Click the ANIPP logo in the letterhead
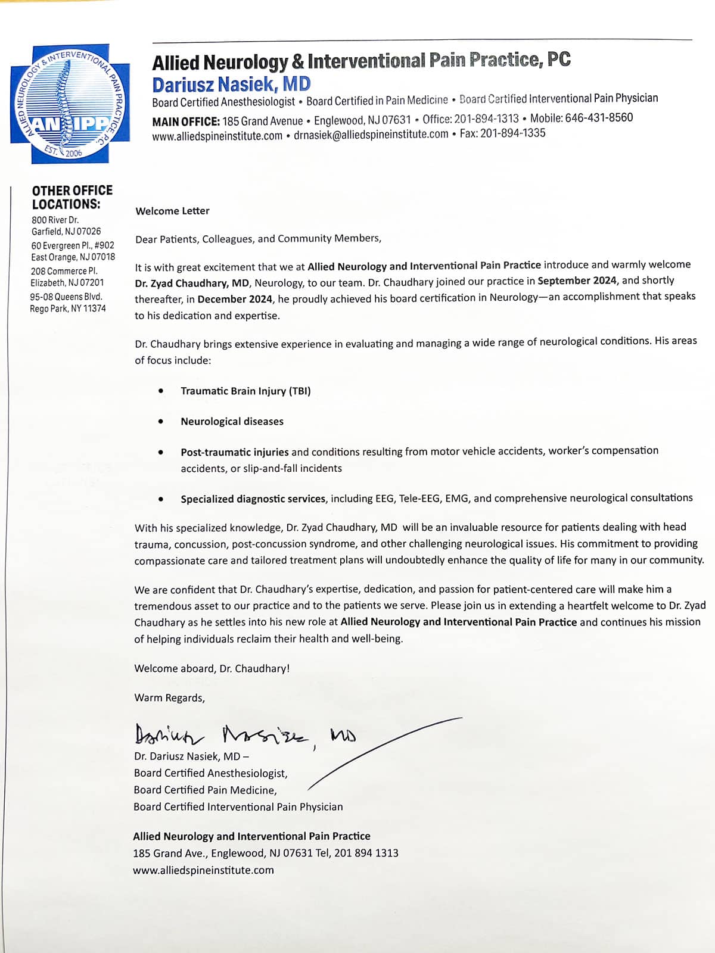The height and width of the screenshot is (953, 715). (x=69, y=103)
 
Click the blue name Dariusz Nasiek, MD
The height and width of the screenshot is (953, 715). (x=231, y=84)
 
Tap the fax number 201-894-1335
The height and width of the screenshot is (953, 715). (x=512, y=133)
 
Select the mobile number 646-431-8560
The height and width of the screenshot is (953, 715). (x=599, y=117)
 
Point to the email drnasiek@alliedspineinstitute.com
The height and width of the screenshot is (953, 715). (x=371, y=135)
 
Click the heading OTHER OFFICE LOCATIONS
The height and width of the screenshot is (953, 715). (x=72, y=197)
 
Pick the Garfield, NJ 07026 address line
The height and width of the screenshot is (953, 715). (x=66, y=231)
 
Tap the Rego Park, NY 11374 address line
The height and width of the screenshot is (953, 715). (x=68, y=309)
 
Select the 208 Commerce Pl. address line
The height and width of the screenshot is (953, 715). (x=64, y=270)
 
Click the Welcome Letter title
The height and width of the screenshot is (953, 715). (x=172, y=211)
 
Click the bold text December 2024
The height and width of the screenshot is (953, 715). (x=235, y=299)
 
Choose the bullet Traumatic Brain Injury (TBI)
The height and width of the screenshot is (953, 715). (x=245, y=391)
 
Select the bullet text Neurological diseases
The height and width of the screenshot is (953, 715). (x=232, y=422)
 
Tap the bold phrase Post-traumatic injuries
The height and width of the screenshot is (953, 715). (x=234, y=452)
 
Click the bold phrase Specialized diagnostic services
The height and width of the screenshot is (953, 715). (x=253, y=499)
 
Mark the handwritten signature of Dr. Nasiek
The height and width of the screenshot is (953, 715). (x=244, y=735)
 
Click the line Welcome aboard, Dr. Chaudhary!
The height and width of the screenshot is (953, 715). (x=212, y=668)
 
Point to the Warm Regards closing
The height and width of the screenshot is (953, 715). (x=169, y=697)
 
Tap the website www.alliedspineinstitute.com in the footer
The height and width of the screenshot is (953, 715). (x=203, y=870)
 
